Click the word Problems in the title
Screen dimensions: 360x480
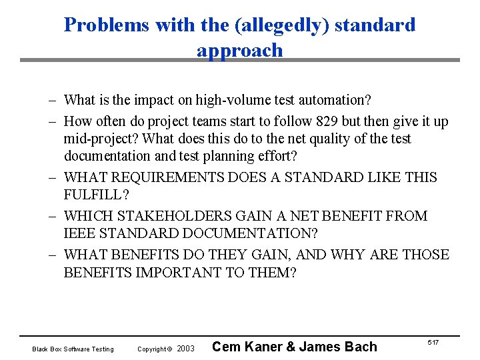(107, 25)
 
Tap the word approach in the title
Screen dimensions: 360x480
(240, 50)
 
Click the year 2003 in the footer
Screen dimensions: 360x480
(186, 349)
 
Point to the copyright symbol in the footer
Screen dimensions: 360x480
(170, 349)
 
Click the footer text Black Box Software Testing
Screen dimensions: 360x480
(73, 349)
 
